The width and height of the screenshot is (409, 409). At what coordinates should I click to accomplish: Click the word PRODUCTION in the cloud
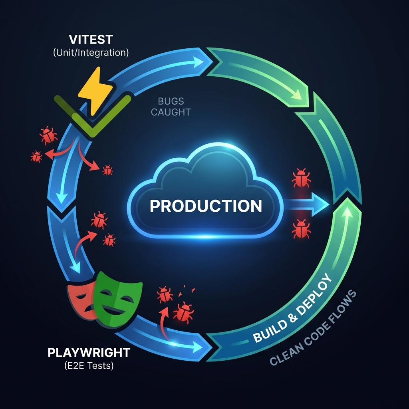206,206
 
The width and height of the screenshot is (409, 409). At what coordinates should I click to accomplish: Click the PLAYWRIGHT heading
89,353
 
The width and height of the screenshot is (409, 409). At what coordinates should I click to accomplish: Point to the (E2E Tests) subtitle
89,365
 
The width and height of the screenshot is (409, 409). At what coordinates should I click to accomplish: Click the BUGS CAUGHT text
171,107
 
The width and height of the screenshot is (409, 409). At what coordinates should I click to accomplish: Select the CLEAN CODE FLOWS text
314,328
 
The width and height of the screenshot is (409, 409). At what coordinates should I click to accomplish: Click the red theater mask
82,300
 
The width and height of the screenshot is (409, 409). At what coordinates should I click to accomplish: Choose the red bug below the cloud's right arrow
301,228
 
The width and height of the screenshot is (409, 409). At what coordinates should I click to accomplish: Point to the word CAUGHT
171,112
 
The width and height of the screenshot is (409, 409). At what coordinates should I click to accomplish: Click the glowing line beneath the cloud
206,236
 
